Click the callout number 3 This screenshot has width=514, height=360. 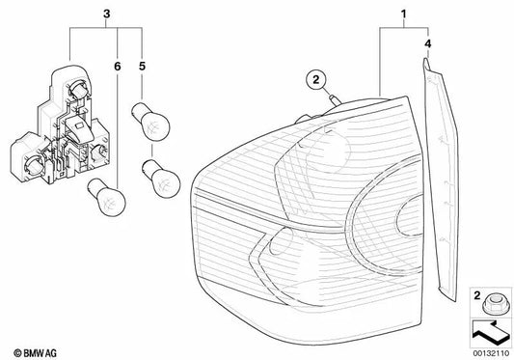coord(106,14)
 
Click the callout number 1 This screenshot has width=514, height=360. coord(403,14)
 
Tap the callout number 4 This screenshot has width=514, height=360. coord(427,43)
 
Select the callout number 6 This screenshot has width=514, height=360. coord(118,67)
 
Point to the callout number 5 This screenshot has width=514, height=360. coord(142,67)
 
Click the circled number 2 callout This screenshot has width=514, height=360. coord(315,80)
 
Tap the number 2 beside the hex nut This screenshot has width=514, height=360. coord(477,295)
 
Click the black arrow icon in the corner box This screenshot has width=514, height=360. coord(491,334)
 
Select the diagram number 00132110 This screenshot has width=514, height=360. coord(492,353)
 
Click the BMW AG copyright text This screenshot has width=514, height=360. coord(35,353)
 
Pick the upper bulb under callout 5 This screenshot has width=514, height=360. coord(150,122)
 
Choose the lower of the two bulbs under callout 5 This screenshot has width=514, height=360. coord(161,179)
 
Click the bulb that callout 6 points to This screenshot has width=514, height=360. coord(106,197)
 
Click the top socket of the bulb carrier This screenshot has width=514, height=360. coord(78,88)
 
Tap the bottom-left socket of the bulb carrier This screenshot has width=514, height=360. coord(32,163)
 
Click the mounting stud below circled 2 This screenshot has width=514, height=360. coord(335,99)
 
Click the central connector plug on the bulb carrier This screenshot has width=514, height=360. coord(79,129)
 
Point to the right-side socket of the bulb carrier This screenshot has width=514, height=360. coord(99,152)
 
